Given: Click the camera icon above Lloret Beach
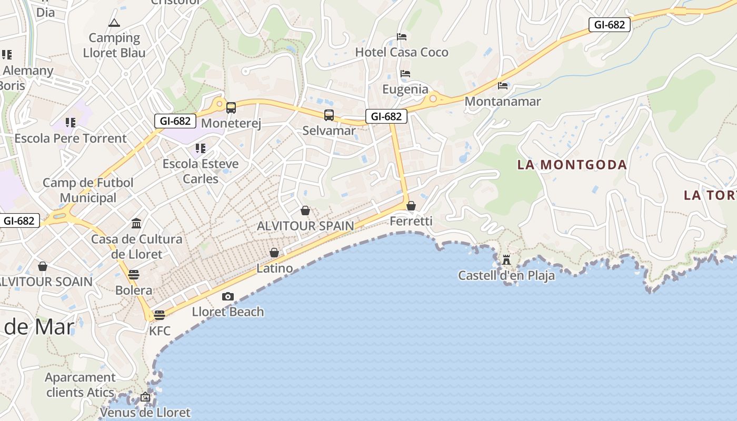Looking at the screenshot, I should coord(227,297).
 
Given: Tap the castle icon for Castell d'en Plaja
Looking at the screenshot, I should coord(506,259).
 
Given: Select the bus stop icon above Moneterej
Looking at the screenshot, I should coord(231,108).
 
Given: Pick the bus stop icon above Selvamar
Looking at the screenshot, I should coord(329,115).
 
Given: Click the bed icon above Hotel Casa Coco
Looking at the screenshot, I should coord(402,37).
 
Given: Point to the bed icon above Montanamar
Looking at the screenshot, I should coord(503,85).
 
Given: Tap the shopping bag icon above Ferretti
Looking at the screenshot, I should coord(411,206).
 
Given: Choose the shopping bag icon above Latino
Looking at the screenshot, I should coord(274,253).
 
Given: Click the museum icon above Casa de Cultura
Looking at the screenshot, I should coord(136,223).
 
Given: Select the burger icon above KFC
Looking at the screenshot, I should coord(160,315).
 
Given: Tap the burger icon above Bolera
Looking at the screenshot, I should coord(134,275).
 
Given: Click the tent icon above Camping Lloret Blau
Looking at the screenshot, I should coord(114,23).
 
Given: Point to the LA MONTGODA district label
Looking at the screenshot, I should coord(572,165).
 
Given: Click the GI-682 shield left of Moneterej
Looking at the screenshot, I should coord(175,121).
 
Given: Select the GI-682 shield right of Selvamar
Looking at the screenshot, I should coord(386,116).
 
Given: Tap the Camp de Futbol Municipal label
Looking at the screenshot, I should coord(88,190).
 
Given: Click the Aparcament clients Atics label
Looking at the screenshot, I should coord(80,385).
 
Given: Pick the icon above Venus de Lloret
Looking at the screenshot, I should coord(145,397).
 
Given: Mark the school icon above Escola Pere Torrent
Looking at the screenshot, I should coord(71,123).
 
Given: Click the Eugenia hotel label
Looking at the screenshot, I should coord(405,89).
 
